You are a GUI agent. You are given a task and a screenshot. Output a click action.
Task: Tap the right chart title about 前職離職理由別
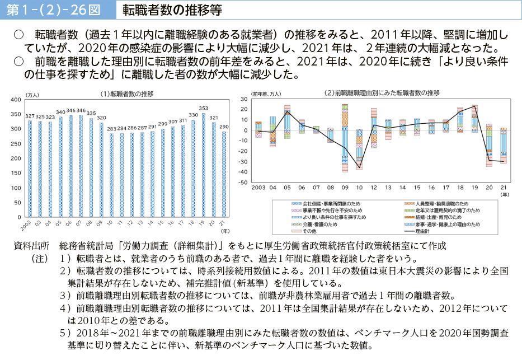[382, 93]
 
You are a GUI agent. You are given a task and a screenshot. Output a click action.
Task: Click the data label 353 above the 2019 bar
[204, 108]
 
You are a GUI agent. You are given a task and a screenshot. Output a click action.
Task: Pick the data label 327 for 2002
[30, 115]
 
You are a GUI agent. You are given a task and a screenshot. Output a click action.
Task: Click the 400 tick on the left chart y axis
[16, 100]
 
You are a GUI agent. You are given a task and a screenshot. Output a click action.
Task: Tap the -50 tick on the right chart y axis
[244, 183]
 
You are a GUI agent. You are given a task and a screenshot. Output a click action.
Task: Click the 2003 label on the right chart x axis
[258, 188]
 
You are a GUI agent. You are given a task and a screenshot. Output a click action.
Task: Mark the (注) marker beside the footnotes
[40, 259]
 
